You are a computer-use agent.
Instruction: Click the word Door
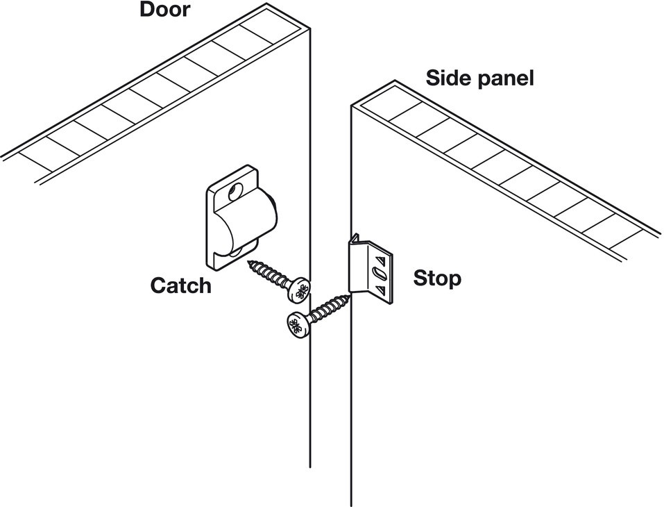(x=164, y=9)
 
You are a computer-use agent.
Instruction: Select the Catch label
(x=181, y=285)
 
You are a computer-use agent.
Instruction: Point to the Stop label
(x=437, y=279)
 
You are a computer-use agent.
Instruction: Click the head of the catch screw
(x=299, y=290)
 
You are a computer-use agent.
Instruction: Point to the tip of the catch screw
(x=248, y=262)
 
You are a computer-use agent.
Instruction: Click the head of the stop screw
(x=298, y=326)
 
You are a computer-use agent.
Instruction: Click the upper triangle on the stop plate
(x=381, y=258)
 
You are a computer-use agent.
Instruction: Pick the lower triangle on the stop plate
(x=380, y=290)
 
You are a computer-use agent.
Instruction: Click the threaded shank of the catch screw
(x=269, y=273)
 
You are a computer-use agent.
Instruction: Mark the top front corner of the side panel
(x=351, y=105)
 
